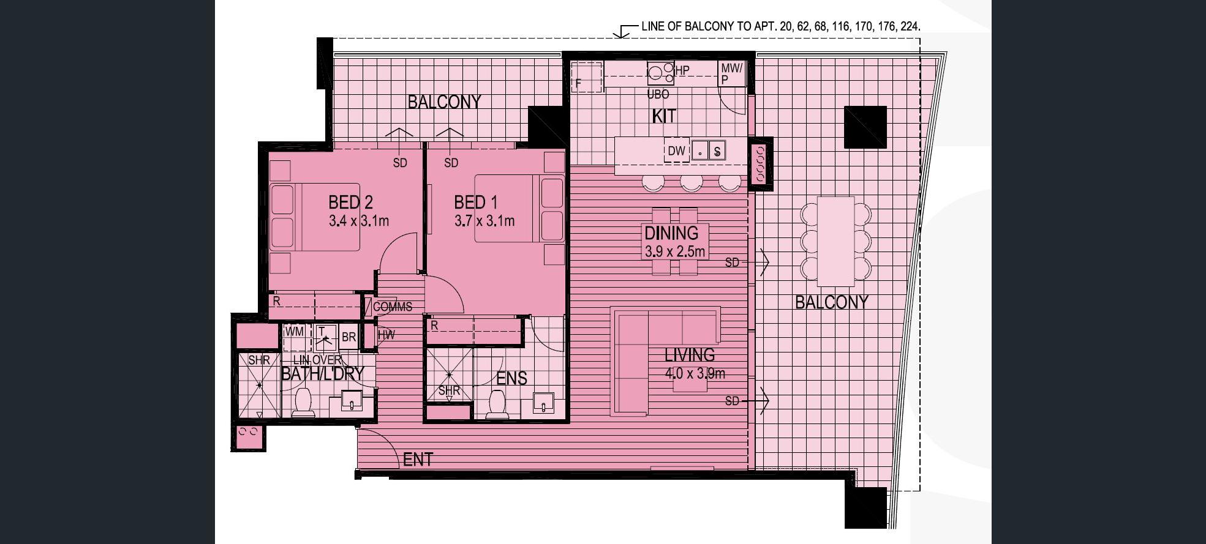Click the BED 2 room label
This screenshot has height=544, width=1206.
pyautogui.click(x=350, y=202)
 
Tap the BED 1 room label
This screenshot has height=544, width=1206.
pyautogui.click(x=475, y=202)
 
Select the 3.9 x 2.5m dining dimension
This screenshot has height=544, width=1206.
pyautogui.click(x=674, y=251)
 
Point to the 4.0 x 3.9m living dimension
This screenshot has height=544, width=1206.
pyautogui.click(x=695, y=373)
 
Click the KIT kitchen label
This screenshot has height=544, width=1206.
pyautogui.click(x=664, y=116)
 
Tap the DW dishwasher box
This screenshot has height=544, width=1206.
pyautogui.click(x=676, y=151)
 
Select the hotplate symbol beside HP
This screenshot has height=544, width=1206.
pyautogui.click(x=661, y=73)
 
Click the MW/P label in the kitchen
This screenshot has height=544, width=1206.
pyautogui.click(x=731, y=73)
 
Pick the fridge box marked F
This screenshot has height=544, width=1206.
pyautogui.click(x=587, y=77)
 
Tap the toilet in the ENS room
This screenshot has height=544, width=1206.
pyautogui.click(x=497, y=404)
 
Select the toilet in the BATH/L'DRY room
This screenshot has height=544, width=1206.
pyautogui.click(x=303, y=402)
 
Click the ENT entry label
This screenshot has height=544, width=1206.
pyautogui.click(x=418, y=460)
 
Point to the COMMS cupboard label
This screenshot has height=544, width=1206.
pyautogui.click(x=393, y=307)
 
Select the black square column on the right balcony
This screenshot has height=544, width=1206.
pyautogui.click(x=865, y=127)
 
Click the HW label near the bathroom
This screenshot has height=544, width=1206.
pyautogui.click(x=386, y=335)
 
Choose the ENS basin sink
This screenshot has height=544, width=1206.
pyautogui.click(x=543, y=403)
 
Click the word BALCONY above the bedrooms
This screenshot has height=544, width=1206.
pyautogui.click(x=445, y=102)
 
